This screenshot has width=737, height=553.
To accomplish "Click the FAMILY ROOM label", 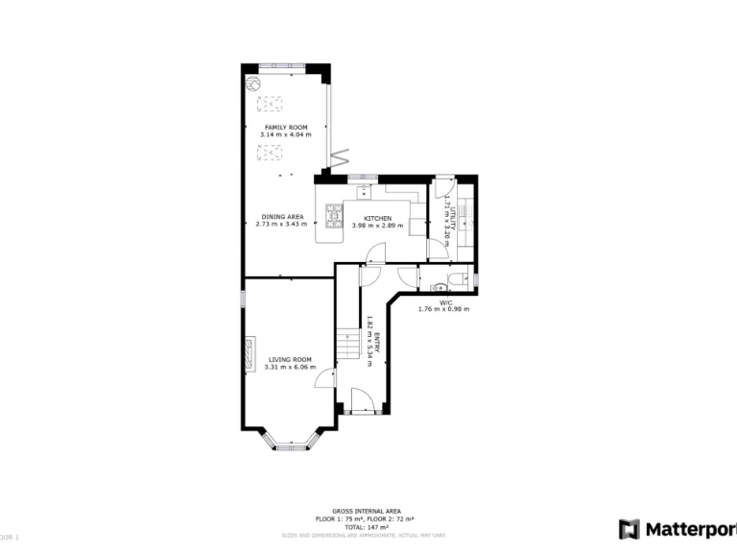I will (x=285, y=127).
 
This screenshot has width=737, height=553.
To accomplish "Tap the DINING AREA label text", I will (x=281, y=217).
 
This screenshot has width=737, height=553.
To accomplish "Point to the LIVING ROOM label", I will (x=289, y=360).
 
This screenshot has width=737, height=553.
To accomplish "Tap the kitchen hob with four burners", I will (x=334, y=216).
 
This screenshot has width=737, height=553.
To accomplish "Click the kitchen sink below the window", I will (x=364, y=190).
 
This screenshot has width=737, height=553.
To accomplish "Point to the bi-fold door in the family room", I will (x=337, y=158).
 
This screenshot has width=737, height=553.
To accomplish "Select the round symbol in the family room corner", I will (x=254, y=85).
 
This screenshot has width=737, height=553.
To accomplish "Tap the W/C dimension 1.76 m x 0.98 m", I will (x=445, y=309).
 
